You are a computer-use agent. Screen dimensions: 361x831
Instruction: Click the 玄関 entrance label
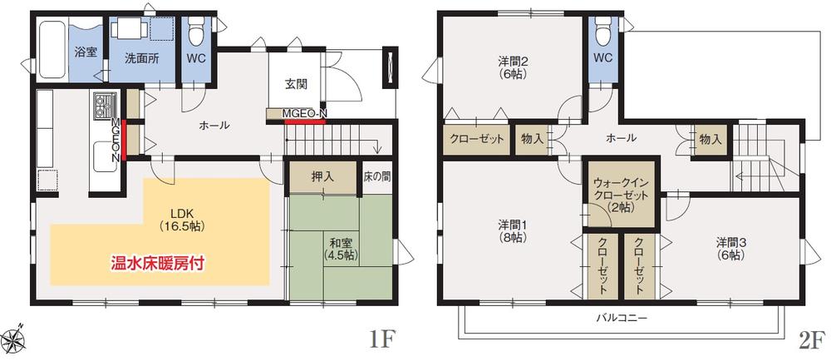[296, 83]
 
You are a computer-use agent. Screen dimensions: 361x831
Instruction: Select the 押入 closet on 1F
[322, 176]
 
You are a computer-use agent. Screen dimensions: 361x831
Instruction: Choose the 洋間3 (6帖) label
[731, 249]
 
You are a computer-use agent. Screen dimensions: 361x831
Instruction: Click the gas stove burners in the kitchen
[106, 107]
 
